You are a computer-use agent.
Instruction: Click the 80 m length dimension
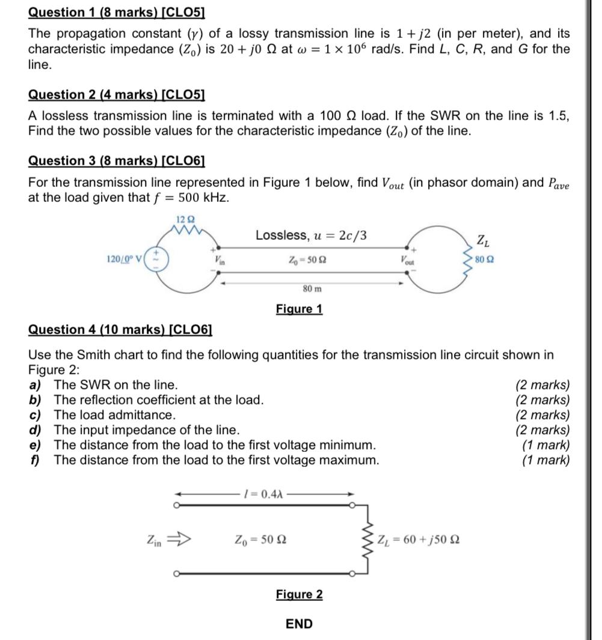click(311, 288)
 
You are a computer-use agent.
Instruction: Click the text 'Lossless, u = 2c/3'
click(311, 235)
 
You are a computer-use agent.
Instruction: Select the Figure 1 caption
click(299, 309)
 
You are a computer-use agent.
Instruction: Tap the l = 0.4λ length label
click(263, 493)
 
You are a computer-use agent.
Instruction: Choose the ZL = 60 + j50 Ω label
click(419, 539)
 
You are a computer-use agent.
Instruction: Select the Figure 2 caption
click(299, 594)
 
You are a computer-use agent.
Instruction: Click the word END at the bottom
click(299, 624)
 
